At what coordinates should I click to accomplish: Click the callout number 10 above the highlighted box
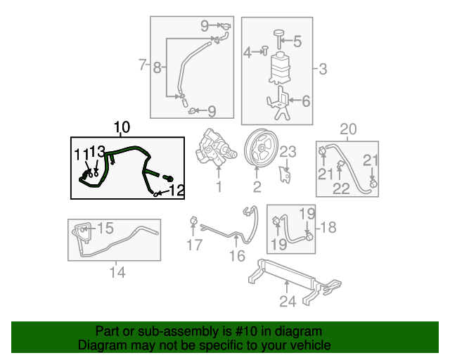122,127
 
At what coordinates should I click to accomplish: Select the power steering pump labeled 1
218,149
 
